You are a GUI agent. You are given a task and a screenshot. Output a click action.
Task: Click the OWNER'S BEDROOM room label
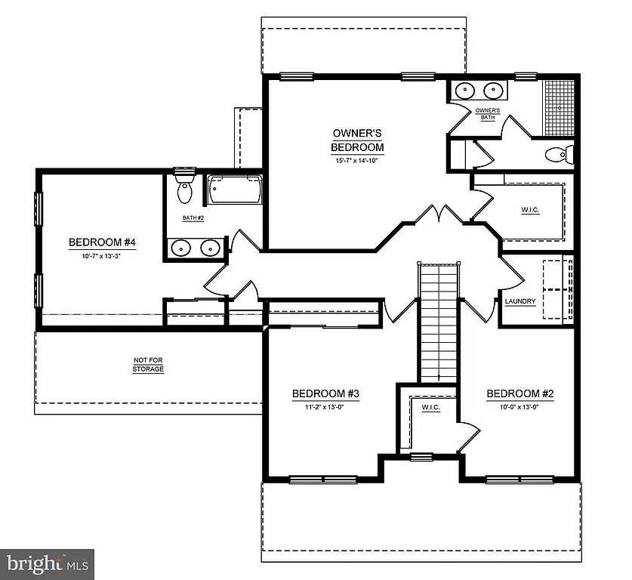(357, 140)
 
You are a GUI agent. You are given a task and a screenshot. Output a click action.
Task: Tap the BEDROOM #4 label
(106, 242)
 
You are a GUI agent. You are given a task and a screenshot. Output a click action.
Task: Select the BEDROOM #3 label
(325, 393)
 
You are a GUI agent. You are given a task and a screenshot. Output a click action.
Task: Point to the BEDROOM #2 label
(520, 393)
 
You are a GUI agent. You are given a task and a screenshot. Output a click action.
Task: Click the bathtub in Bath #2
(235, 190)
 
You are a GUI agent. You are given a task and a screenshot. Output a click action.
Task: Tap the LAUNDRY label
(520, 302)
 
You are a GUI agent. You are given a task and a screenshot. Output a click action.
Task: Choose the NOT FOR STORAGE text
(148, 366)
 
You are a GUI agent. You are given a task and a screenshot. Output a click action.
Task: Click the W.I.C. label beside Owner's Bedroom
(530, 209)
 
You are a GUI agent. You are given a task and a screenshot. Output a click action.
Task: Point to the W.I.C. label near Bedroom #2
(430, 408)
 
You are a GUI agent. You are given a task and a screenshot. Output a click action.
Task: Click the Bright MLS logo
(47, 563)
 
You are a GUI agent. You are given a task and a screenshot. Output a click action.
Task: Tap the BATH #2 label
(193, 218)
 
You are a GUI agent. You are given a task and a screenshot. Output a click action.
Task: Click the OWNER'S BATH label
(486, 114)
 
